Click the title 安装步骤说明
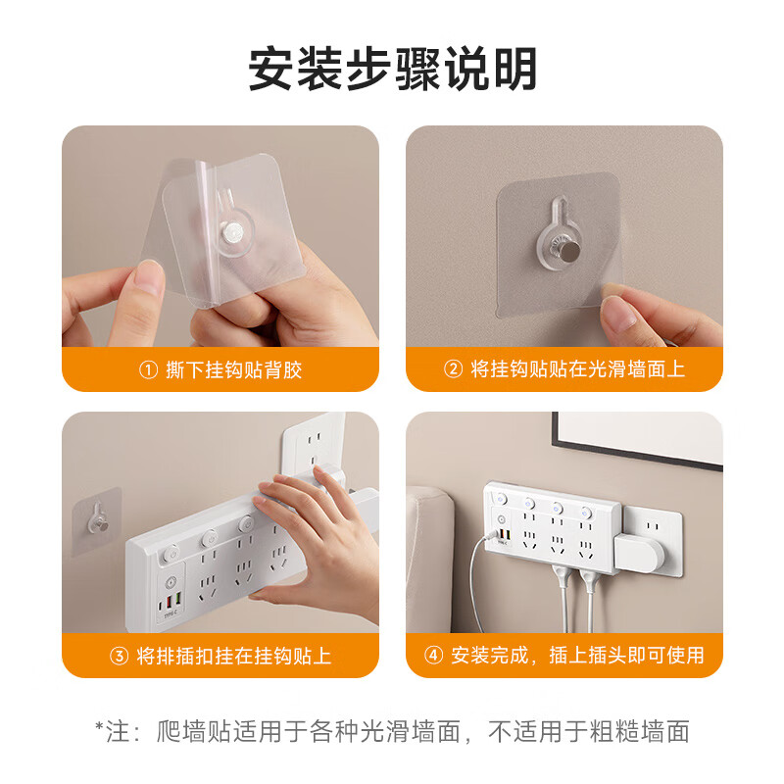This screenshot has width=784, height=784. click(392, 72)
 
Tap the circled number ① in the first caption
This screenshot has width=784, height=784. click(148, 369)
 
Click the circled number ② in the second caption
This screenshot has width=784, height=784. click(453, 369)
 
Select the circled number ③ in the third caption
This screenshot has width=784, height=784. click(120, 656)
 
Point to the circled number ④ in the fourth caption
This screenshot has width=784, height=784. click(434, 656)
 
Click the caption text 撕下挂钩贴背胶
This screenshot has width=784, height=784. click(232, 369)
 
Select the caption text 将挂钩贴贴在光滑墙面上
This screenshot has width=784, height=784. click(577, 369)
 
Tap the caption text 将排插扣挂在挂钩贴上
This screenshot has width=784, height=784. click(233, 656)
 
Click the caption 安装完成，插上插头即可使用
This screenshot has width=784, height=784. click(577, 656)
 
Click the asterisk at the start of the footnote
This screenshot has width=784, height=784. click(99, 730)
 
